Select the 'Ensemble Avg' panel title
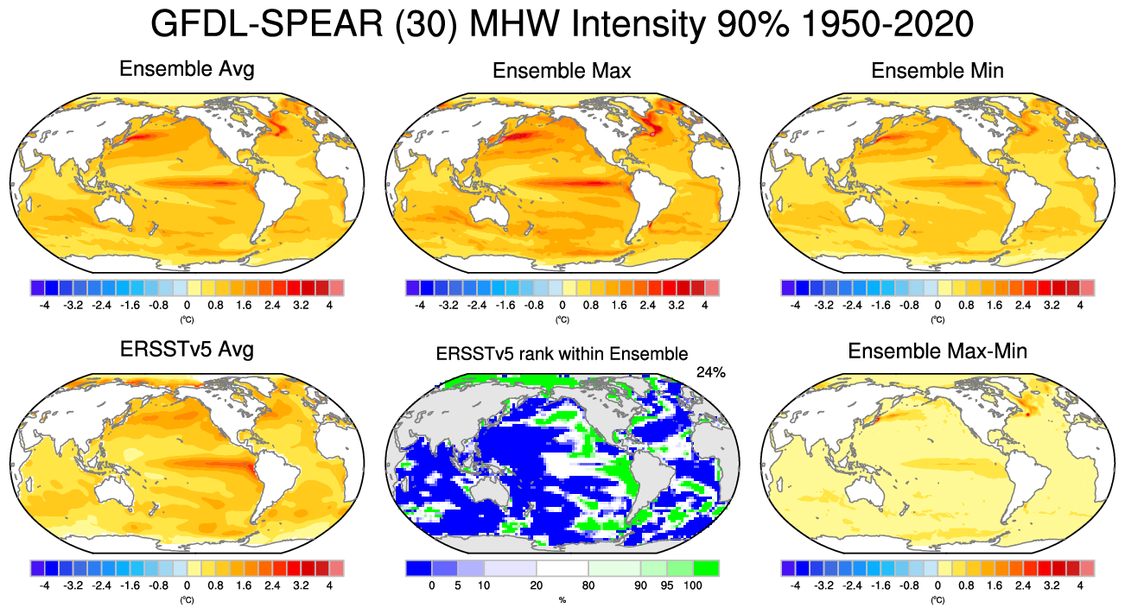pos(187,69)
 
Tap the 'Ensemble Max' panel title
pos(562,71)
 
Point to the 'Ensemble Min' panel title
pos(937,71)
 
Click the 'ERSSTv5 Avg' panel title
pos(187,351)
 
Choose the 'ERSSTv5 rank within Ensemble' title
pos(562,353)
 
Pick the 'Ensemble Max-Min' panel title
pos(937,351)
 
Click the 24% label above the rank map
pos(710,372)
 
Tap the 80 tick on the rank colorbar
pos(588,586)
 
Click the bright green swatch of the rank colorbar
pos(705,568)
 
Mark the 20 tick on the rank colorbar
pos(536,586)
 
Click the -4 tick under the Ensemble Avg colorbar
pos(44,305)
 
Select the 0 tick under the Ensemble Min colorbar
pos(937,305)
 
